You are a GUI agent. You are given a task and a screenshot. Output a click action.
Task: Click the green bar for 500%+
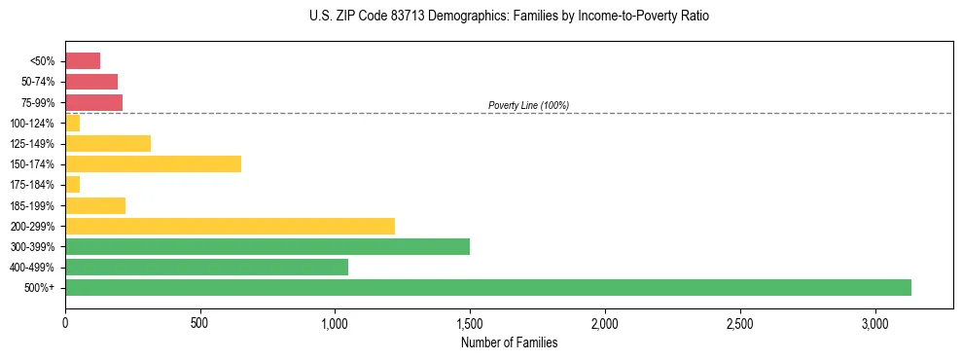(487, 287)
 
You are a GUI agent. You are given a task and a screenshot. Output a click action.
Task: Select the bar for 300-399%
(267, 246)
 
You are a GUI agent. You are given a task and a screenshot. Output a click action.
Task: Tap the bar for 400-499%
(206, 267)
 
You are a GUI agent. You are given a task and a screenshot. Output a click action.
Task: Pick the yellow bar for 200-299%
(230, 226)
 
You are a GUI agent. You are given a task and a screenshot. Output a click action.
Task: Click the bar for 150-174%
(153, 163)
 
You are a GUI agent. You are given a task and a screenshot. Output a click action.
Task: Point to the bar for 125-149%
(108, 143)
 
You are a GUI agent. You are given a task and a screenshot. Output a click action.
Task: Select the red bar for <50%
(83, 60)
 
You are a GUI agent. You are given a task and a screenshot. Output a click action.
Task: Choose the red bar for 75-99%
(93, 102)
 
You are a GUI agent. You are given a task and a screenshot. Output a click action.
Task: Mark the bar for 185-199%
(95, 205)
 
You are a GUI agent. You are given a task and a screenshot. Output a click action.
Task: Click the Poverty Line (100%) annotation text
(528, 105)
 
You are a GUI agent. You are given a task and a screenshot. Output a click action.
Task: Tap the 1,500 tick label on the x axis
(470, 323)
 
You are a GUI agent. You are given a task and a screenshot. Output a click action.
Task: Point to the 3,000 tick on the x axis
(874, 323)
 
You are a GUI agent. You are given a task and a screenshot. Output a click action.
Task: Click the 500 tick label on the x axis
(199, 323)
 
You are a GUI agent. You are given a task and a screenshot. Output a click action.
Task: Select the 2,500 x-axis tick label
(739, 323)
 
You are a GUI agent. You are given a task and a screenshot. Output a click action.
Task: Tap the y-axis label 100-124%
(32, 123)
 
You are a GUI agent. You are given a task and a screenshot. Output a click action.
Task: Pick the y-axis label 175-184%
(32, 185)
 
